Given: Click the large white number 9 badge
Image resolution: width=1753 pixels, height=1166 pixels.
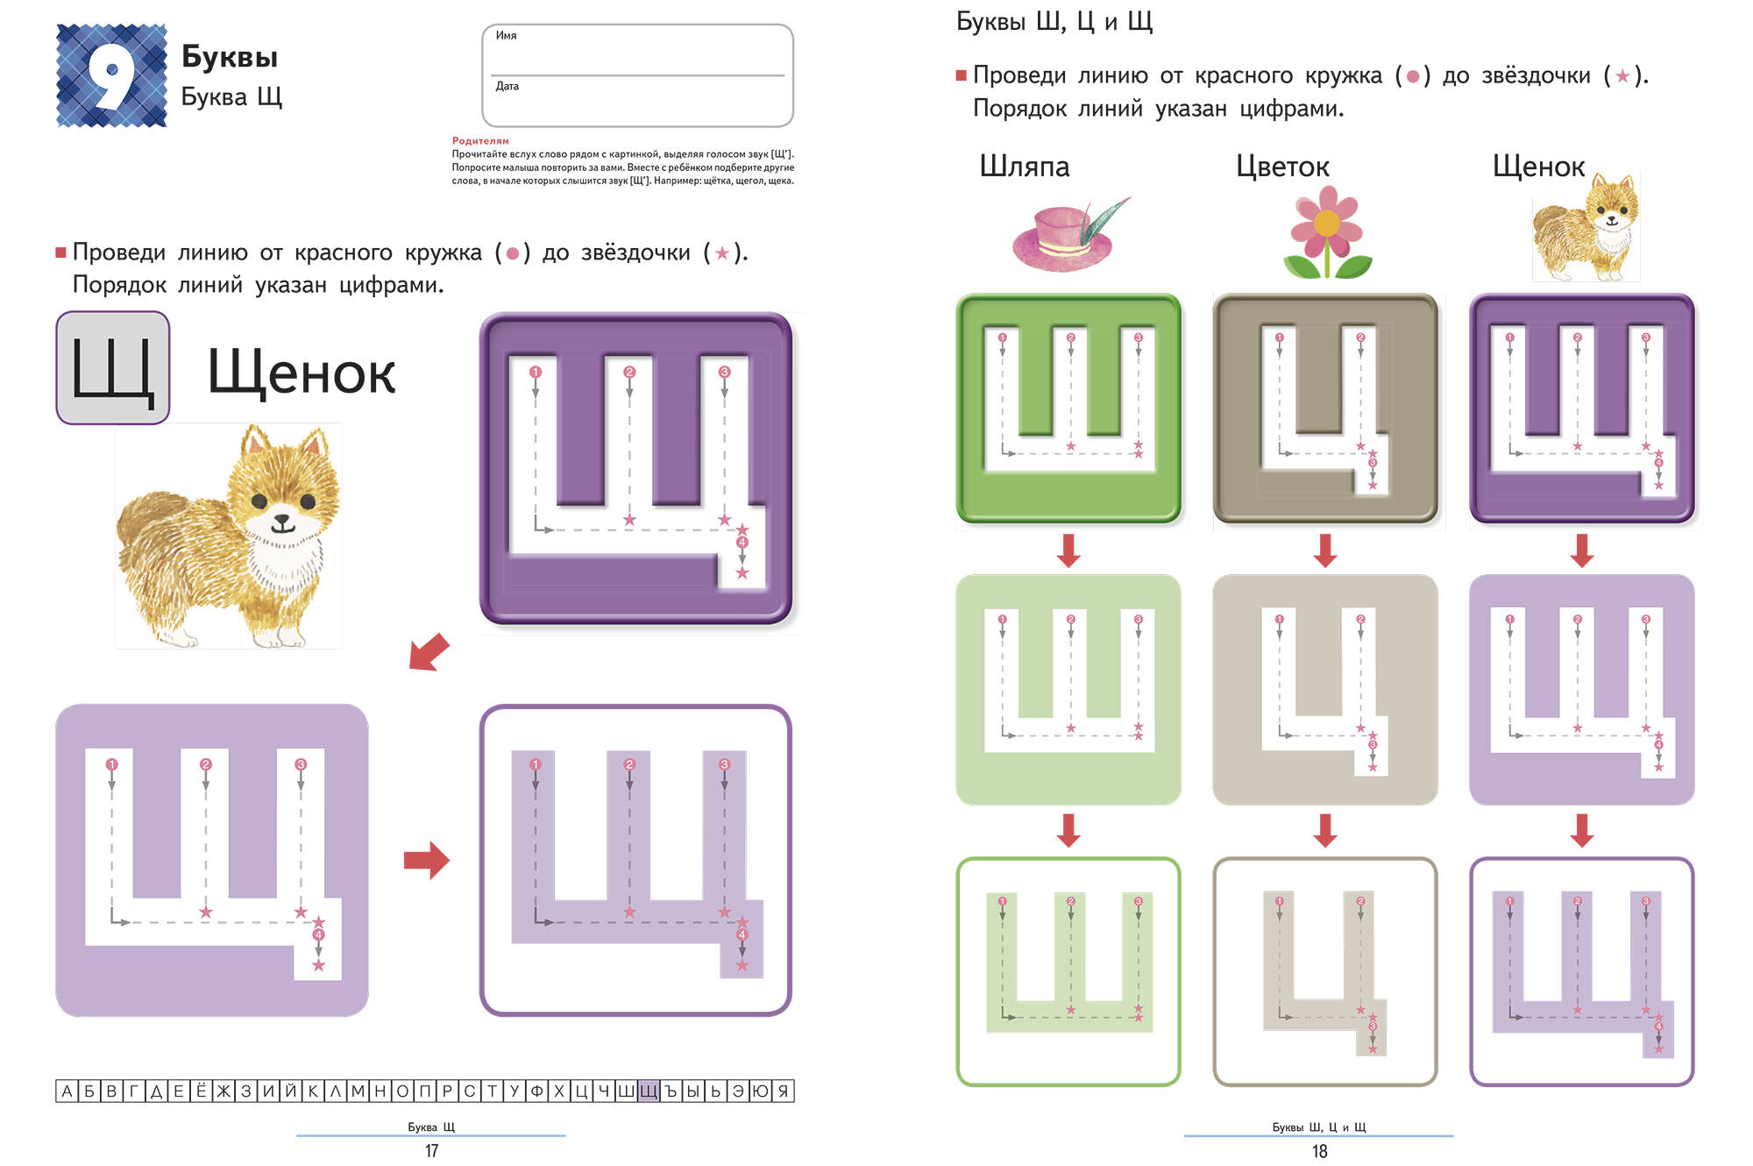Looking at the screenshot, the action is coord(112,75).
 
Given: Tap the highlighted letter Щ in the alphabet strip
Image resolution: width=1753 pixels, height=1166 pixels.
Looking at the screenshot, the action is coord(648,1091).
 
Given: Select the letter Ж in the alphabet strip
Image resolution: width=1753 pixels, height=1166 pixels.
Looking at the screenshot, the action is coord(224,1091).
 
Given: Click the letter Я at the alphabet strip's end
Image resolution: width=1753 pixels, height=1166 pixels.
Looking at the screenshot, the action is coord(784,1091).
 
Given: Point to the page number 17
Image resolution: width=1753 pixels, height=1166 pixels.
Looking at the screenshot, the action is coord(431,1151).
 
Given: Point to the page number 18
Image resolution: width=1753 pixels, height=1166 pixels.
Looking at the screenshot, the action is coord(1319,1151).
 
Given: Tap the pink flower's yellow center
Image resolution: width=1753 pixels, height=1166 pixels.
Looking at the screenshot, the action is coord(1327,224).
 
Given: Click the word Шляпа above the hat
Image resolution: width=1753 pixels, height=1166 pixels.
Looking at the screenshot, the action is coord(1025,167).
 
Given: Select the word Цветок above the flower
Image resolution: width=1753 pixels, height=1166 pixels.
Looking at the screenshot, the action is coord(1282,167).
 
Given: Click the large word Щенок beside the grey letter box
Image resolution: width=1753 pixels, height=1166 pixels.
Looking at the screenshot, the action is coord(302,373).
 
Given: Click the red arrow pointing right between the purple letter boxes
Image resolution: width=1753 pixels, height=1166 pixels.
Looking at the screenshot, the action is coord(427,860).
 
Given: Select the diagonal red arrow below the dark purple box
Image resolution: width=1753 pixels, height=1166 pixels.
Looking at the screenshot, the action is coord(429,653).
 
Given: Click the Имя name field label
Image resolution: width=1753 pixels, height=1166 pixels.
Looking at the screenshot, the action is coord(507,36).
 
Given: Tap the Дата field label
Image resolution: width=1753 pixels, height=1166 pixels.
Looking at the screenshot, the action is coord(507,86).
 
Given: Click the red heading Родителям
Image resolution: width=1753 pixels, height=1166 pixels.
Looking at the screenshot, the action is coord(480,140).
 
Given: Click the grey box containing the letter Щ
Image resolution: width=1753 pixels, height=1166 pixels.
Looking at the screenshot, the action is coord(113,368).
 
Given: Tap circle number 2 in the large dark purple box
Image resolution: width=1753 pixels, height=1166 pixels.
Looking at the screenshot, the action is coord(629,372).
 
